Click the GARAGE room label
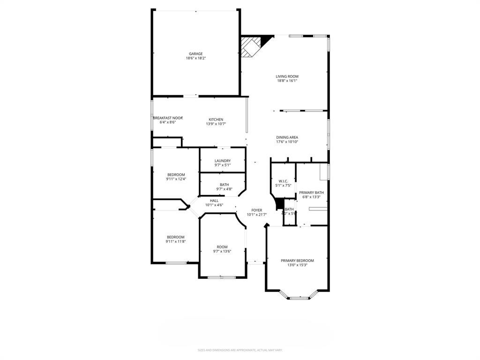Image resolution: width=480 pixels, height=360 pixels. (x=195, y=53)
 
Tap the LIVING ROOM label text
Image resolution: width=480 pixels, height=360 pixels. (x=287, y=76)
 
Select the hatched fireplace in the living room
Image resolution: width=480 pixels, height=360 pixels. (x=250, y=46)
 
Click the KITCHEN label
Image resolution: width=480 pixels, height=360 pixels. (x=216, y=120)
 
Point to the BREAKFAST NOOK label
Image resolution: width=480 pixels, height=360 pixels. (x=168, y=118)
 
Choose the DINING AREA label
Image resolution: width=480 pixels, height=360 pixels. (x=287, y=137)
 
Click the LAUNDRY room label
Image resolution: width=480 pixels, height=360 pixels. (x=222, y=161)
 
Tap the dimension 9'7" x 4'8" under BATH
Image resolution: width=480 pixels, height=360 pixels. (x=224, y=189)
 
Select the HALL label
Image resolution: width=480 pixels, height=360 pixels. (x=214, y=201)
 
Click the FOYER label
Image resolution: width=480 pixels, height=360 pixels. (x=256, y=210)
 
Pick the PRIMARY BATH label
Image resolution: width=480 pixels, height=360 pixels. (x=311, y=192)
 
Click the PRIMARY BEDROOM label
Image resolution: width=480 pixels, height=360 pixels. (x=297, y=261)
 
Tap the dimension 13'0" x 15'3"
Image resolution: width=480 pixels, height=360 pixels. (x=297, y=265)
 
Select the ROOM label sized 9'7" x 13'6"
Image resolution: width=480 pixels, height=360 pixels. (x=222, y=247)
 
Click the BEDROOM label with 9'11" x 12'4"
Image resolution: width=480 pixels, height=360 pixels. (x=176, y=175)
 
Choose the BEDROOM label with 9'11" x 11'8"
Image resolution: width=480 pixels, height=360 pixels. (x=175, y=237)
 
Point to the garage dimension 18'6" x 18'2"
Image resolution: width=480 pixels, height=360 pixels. (x=195, y=58)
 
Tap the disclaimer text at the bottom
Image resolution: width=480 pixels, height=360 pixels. (x=240, y=350)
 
